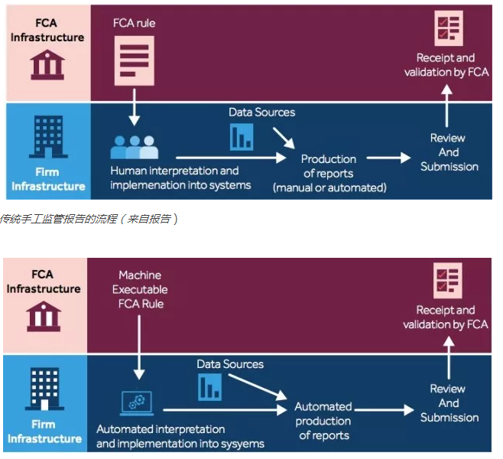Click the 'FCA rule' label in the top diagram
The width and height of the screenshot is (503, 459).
(135, 23)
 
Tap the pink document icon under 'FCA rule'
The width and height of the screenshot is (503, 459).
(135, 63)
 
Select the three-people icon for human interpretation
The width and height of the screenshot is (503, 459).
(134, 146)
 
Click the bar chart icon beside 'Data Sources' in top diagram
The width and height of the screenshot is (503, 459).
(242, 136)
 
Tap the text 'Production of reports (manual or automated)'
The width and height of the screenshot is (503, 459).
(329, 173)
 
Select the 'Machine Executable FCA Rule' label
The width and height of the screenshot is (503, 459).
(140, 289)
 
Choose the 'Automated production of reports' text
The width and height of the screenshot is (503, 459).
(323, 421)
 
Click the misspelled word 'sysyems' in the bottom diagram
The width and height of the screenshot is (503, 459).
(241, 444)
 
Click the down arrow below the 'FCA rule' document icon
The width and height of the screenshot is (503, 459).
(135, 108)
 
